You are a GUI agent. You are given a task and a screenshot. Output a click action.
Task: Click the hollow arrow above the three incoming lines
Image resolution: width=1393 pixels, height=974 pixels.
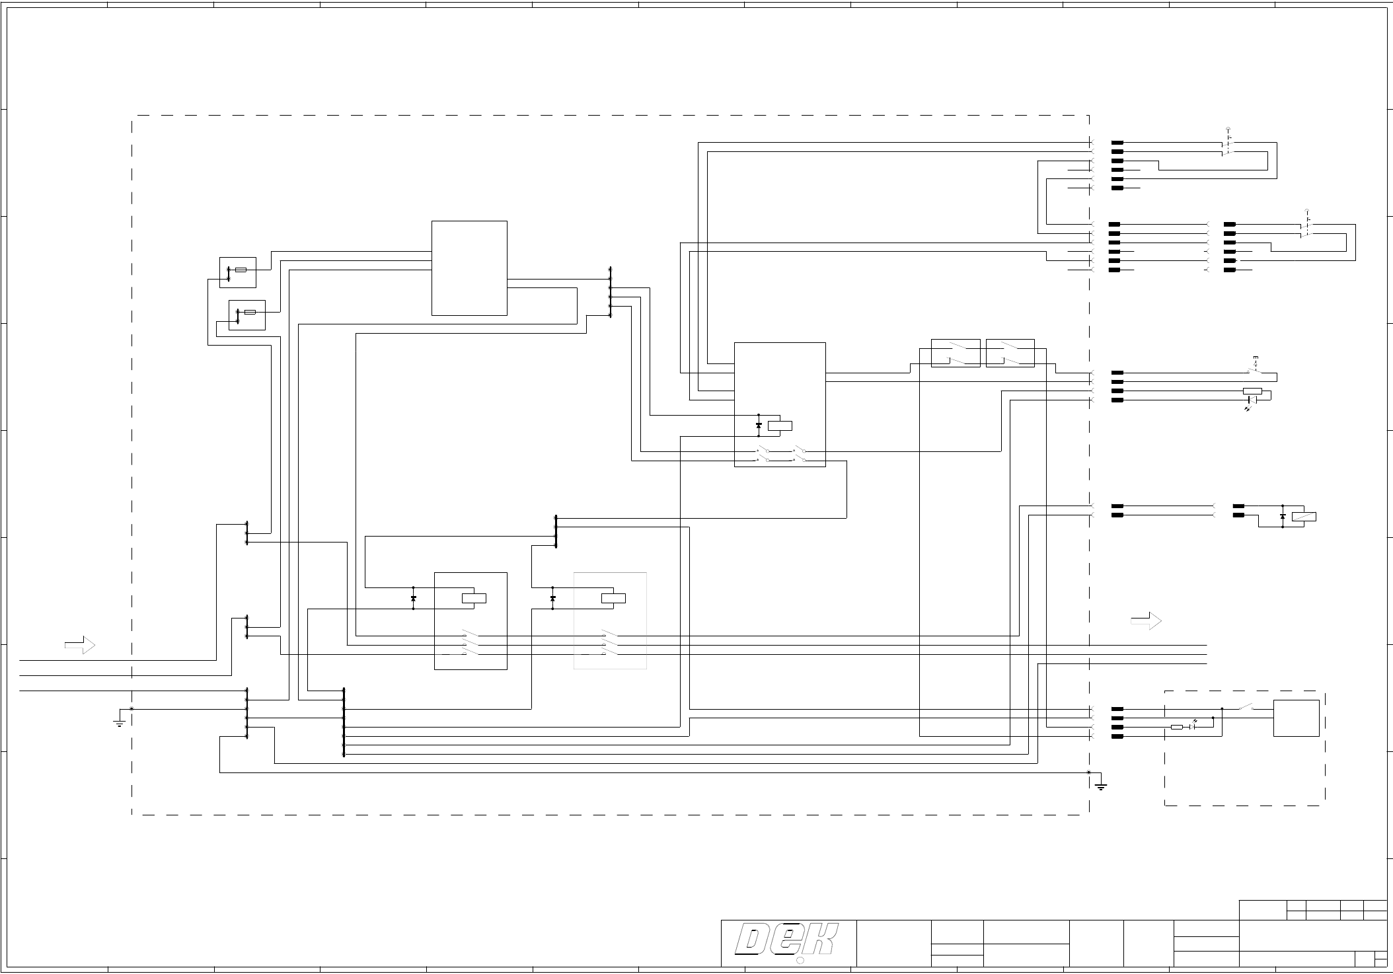(80, 645)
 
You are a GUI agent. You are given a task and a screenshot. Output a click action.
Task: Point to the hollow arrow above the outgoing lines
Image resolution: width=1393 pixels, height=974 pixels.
(1146, 621)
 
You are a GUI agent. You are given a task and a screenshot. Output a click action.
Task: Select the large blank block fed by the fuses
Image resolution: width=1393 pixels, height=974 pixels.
(469, 268)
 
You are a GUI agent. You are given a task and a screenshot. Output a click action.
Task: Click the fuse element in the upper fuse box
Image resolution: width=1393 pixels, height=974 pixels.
(241, 270)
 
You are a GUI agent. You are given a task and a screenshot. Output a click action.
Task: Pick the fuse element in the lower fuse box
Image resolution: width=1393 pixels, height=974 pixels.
(250, 312)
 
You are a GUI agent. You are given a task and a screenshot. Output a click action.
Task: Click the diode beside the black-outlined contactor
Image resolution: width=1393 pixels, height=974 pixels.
(414, 598)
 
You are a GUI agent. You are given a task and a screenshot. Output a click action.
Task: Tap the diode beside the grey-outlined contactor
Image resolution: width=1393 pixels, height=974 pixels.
(552, 598)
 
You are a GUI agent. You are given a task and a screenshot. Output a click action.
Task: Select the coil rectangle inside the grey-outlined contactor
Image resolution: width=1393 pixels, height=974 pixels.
(613, 599)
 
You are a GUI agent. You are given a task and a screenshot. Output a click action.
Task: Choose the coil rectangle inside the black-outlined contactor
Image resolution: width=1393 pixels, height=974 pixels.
(474, 599)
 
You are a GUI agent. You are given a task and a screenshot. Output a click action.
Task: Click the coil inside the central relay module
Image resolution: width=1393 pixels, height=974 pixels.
(780, 426)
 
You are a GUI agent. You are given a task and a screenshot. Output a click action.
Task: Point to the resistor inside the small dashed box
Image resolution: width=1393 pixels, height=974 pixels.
(1177, 727)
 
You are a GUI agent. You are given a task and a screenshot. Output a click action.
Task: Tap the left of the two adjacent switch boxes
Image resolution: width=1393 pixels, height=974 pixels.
(956, 353)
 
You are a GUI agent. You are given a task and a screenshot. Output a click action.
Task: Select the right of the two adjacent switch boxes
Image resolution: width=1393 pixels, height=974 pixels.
(1010, 353)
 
